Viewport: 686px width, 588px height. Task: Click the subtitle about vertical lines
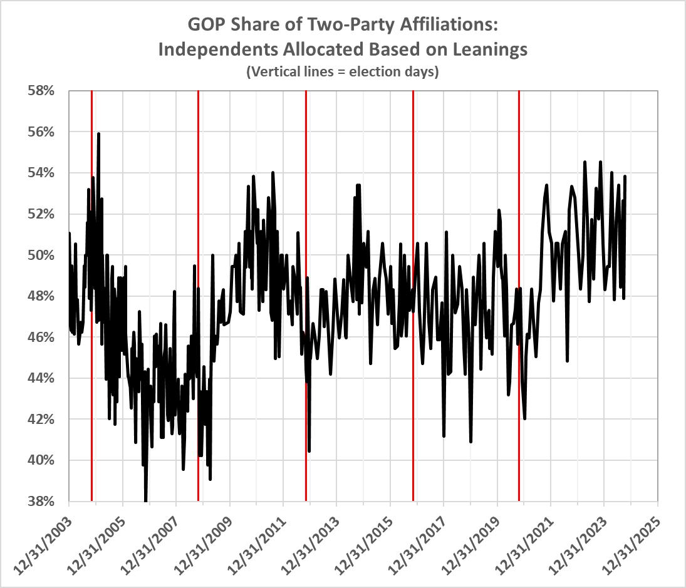[x=343, y=71]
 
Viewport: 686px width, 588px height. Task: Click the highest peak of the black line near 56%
[x=98, y=133]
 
